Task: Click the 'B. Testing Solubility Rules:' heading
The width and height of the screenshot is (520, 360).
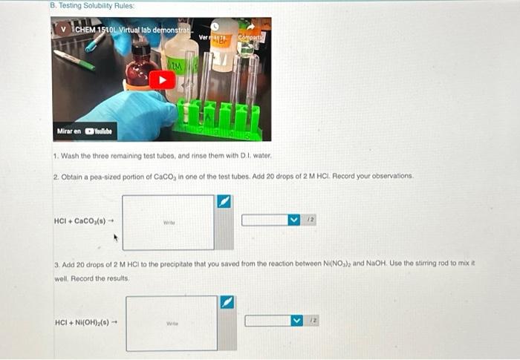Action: pos(92,5)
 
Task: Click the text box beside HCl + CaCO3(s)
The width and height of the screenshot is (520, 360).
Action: pos(168,221)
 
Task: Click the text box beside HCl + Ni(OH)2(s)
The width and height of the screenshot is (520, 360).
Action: pos(172,323)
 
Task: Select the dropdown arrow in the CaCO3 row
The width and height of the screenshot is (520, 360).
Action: pos(294,220)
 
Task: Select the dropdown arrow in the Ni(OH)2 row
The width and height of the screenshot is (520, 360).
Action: pos(297,321)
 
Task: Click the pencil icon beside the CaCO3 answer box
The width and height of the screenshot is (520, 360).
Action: pos(224,202)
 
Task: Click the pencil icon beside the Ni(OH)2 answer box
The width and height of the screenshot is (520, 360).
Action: pos(227,303)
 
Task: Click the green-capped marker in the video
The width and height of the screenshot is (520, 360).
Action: pos(74,59)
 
